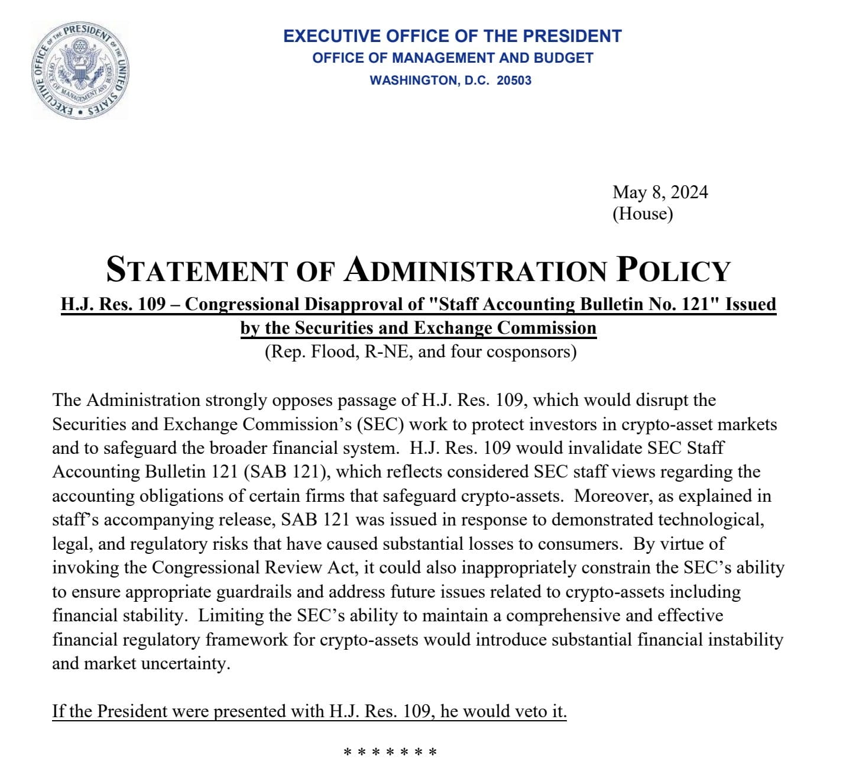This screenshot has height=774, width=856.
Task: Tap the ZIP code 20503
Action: (514, 80)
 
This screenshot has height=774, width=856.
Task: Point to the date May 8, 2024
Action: (660, 192)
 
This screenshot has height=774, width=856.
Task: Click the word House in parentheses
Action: (643, 214)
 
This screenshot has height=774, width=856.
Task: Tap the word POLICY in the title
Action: (673, 270)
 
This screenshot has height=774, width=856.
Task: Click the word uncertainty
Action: (184, 663)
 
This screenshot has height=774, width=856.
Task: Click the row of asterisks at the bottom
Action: (390, 753)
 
